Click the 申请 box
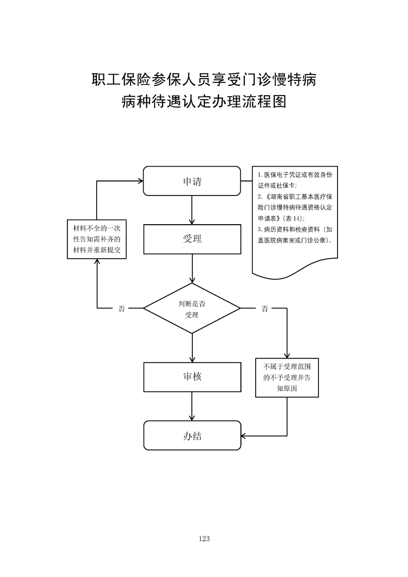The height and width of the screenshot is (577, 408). point(192,181)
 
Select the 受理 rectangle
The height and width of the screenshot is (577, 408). point(192,239)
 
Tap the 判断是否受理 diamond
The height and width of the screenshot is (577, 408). point(192,309)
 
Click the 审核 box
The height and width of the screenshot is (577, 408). point(192,377)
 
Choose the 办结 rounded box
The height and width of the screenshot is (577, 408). point(192,436)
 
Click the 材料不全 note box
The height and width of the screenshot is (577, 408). point(97,240)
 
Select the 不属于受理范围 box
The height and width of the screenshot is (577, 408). point(287,378)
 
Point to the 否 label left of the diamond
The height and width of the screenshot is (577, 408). point(121,309)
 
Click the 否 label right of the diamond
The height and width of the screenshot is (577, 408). point(264,309)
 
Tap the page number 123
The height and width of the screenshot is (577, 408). point(204,538)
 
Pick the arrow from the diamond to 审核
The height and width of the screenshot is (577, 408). point(192,348)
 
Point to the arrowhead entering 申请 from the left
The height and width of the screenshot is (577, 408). point(139,181)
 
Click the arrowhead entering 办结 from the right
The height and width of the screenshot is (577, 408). point(244,436)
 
